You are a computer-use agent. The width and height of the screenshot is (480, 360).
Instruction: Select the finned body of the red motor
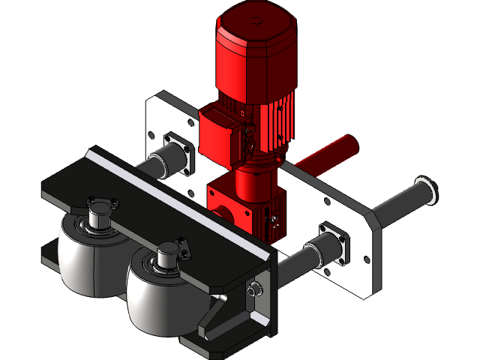click(x=274, y=112)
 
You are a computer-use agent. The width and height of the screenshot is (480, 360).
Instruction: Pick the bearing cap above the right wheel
click(x=169, y=251)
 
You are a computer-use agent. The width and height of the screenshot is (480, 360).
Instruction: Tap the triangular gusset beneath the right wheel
click(x=214, y=315)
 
